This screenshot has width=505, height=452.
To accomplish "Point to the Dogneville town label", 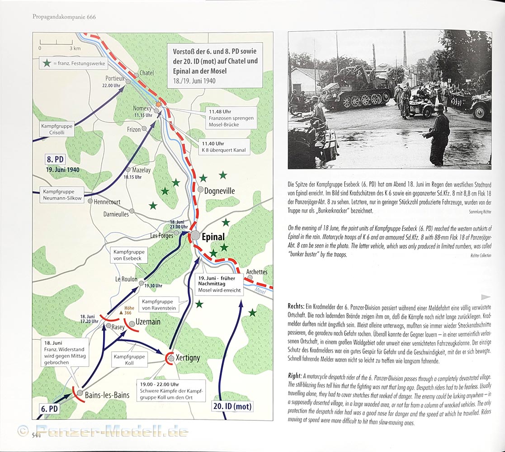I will click(x=219, y=191).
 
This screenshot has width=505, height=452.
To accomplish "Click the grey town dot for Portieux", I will click(x=128, y=82).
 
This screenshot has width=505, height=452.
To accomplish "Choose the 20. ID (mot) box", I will click(x=232, y=406).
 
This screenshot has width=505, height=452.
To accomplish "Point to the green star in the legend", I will click(x=46, y=63).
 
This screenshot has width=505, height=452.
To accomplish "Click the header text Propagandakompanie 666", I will click(x=64, y=17).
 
